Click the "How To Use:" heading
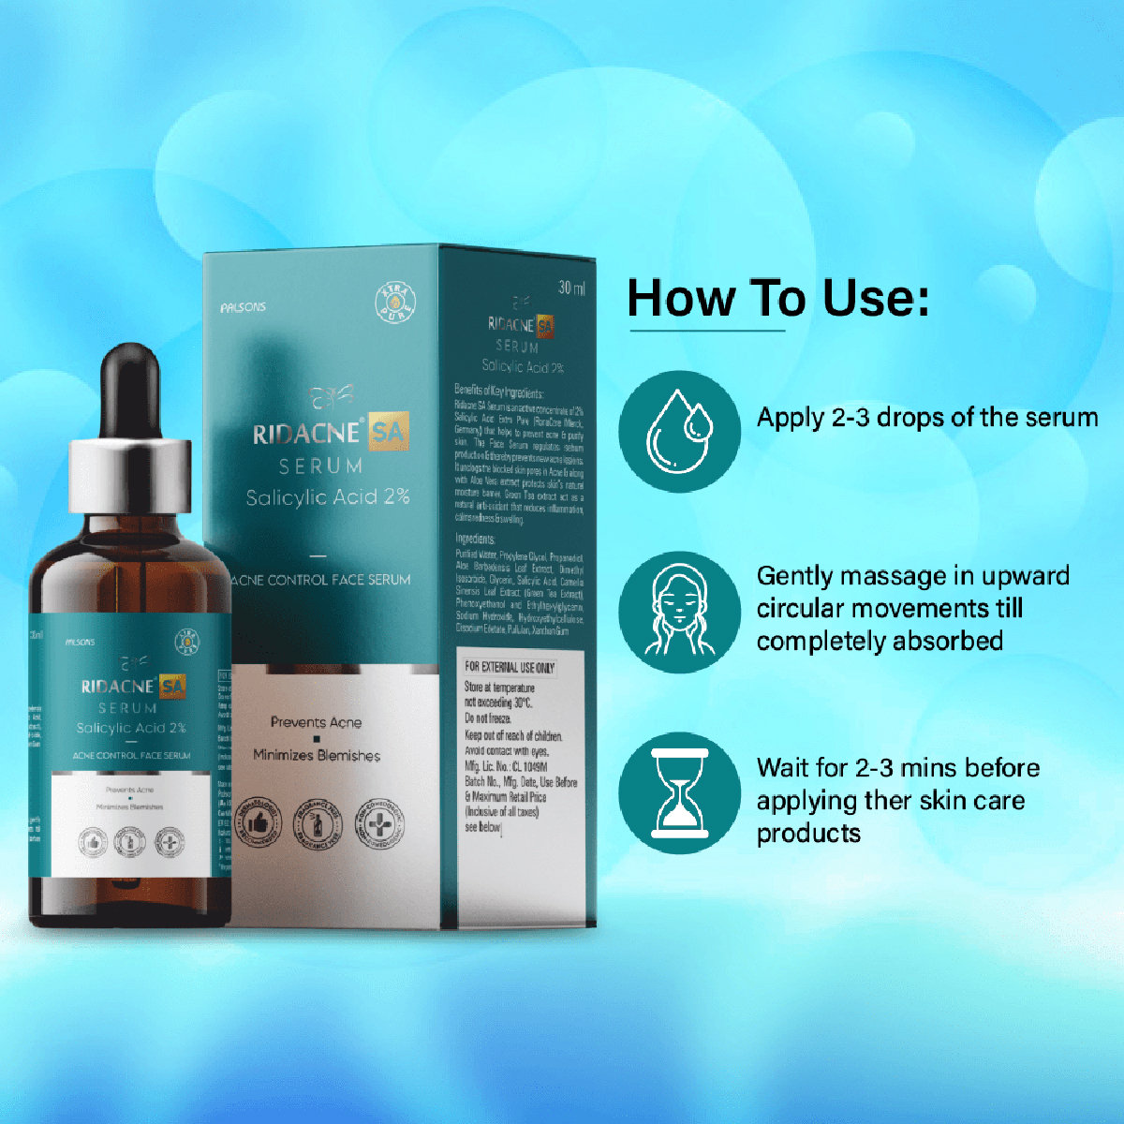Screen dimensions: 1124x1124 click(777, 298)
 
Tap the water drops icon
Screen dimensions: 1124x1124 click(679, 431)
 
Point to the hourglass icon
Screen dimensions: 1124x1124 click(679, 792)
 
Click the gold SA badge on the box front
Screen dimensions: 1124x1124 click(388, 433)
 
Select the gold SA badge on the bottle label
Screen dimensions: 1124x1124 click(171, 687)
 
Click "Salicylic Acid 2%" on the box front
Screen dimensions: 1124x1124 click(327, 496)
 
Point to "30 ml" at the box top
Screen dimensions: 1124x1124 click(571, 288)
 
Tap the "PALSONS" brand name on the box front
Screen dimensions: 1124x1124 click(242, 307)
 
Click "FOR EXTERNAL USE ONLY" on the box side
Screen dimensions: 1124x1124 click(510, 667)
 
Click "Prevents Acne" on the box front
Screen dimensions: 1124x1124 click(316, 722)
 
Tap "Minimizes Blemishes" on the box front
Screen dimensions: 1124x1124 click(317, 755)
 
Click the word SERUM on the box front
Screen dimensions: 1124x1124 click(321, 466)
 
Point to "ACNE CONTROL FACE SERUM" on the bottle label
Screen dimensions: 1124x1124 click(131, 755)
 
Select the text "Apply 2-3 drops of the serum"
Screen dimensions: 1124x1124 click(926, 417)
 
